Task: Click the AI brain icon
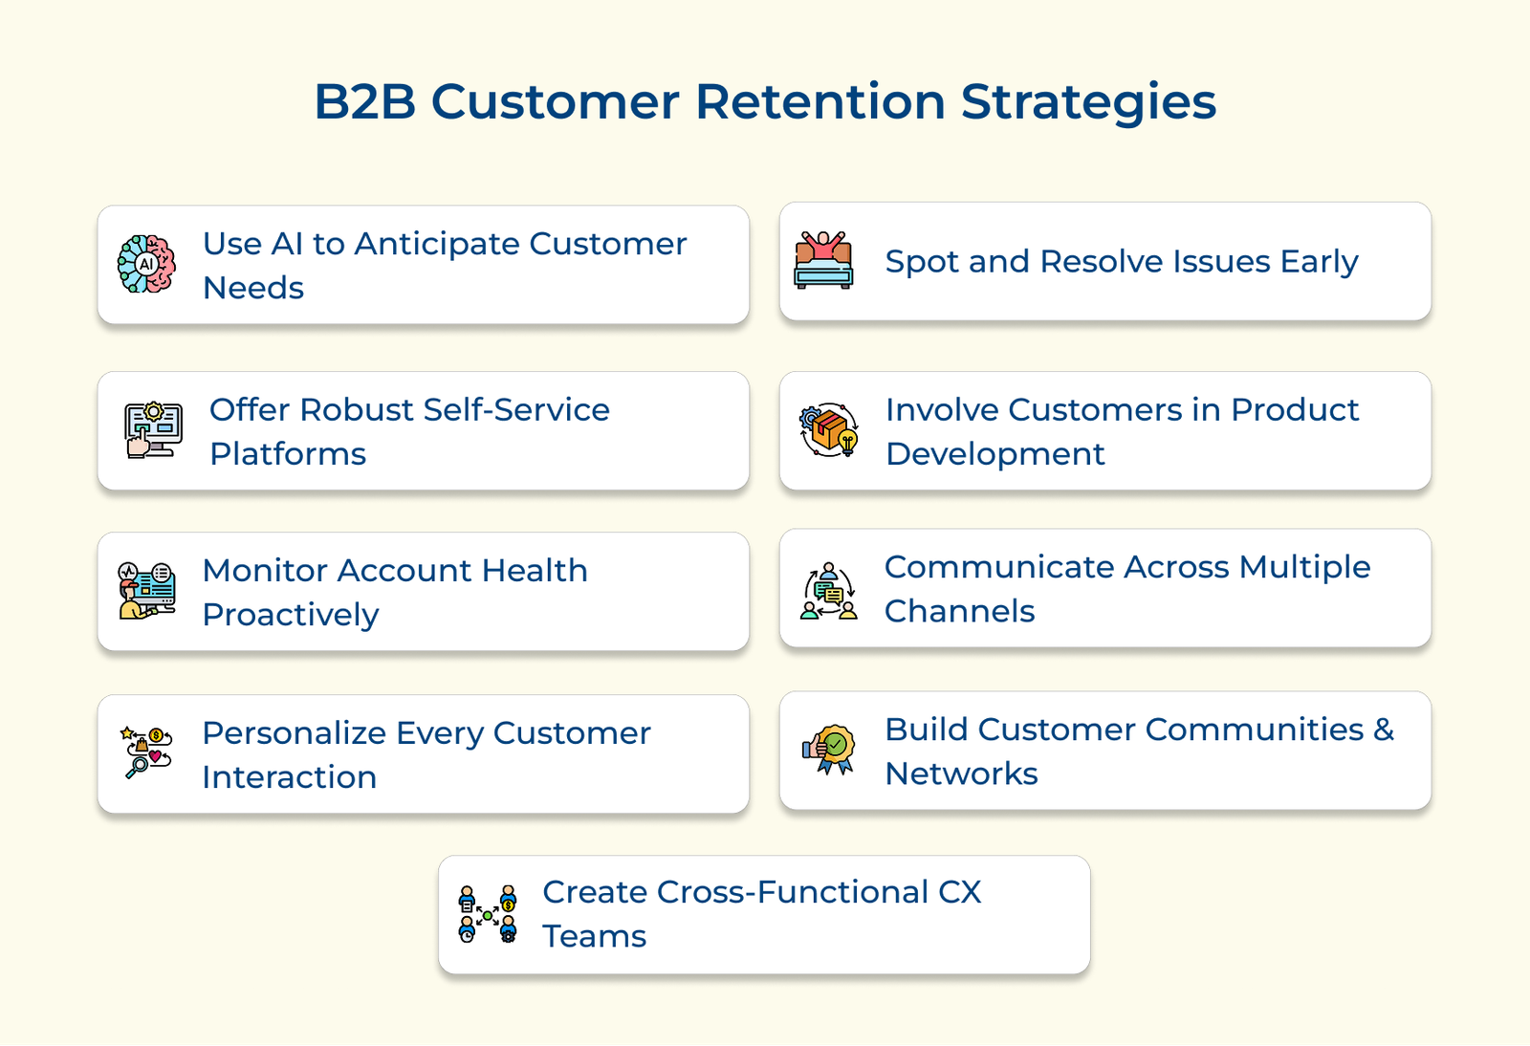coord(146,264)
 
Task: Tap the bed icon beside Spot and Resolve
coord(823,260)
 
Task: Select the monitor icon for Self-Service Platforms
coord(153,430)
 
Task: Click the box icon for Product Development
coord(829,429)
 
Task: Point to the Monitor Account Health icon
coord(146,591)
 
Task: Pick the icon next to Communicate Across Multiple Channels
coord(828,591)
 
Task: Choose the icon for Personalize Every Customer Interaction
coord(146,752)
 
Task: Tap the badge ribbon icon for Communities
coord(828,750)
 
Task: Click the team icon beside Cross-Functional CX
coord(488,914)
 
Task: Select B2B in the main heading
coord(364,101)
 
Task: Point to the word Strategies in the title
coord(1088,101)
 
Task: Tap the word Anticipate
coord(438,245)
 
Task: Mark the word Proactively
coord(291,615)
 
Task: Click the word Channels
coord(959,611)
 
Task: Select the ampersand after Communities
coord(1384,730)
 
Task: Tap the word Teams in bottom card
coord(594,936)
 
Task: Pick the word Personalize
coord(295,733)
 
